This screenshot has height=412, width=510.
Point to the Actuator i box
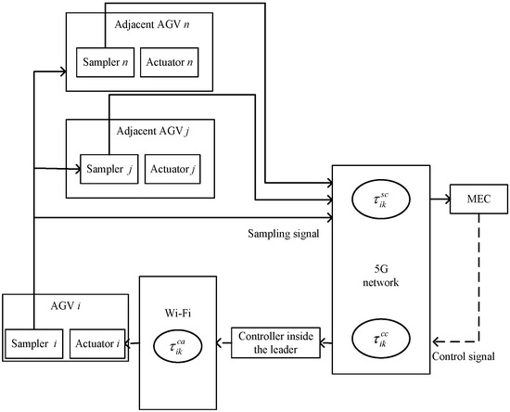(98, 343)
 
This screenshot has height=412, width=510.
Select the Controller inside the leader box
(277, 342)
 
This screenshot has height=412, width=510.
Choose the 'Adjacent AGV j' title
(139, 132)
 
